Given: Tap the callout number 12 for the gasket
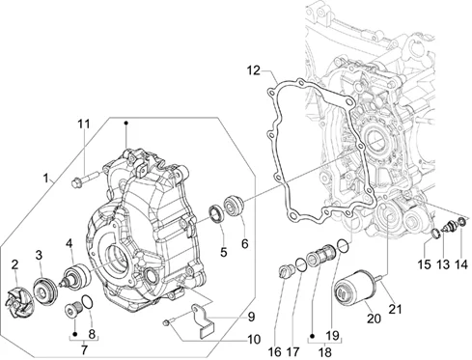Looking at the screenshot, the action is click(254, 70).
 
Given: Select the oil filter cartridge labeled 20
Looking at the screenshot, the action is click(355, 288).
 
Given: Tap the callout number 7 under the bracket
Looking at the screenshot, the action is click(84, 350).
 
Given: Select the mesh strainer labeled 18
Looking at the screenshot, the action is click(321, 259).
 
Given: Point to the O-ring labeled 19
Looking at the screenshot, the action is click(343, 246).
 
